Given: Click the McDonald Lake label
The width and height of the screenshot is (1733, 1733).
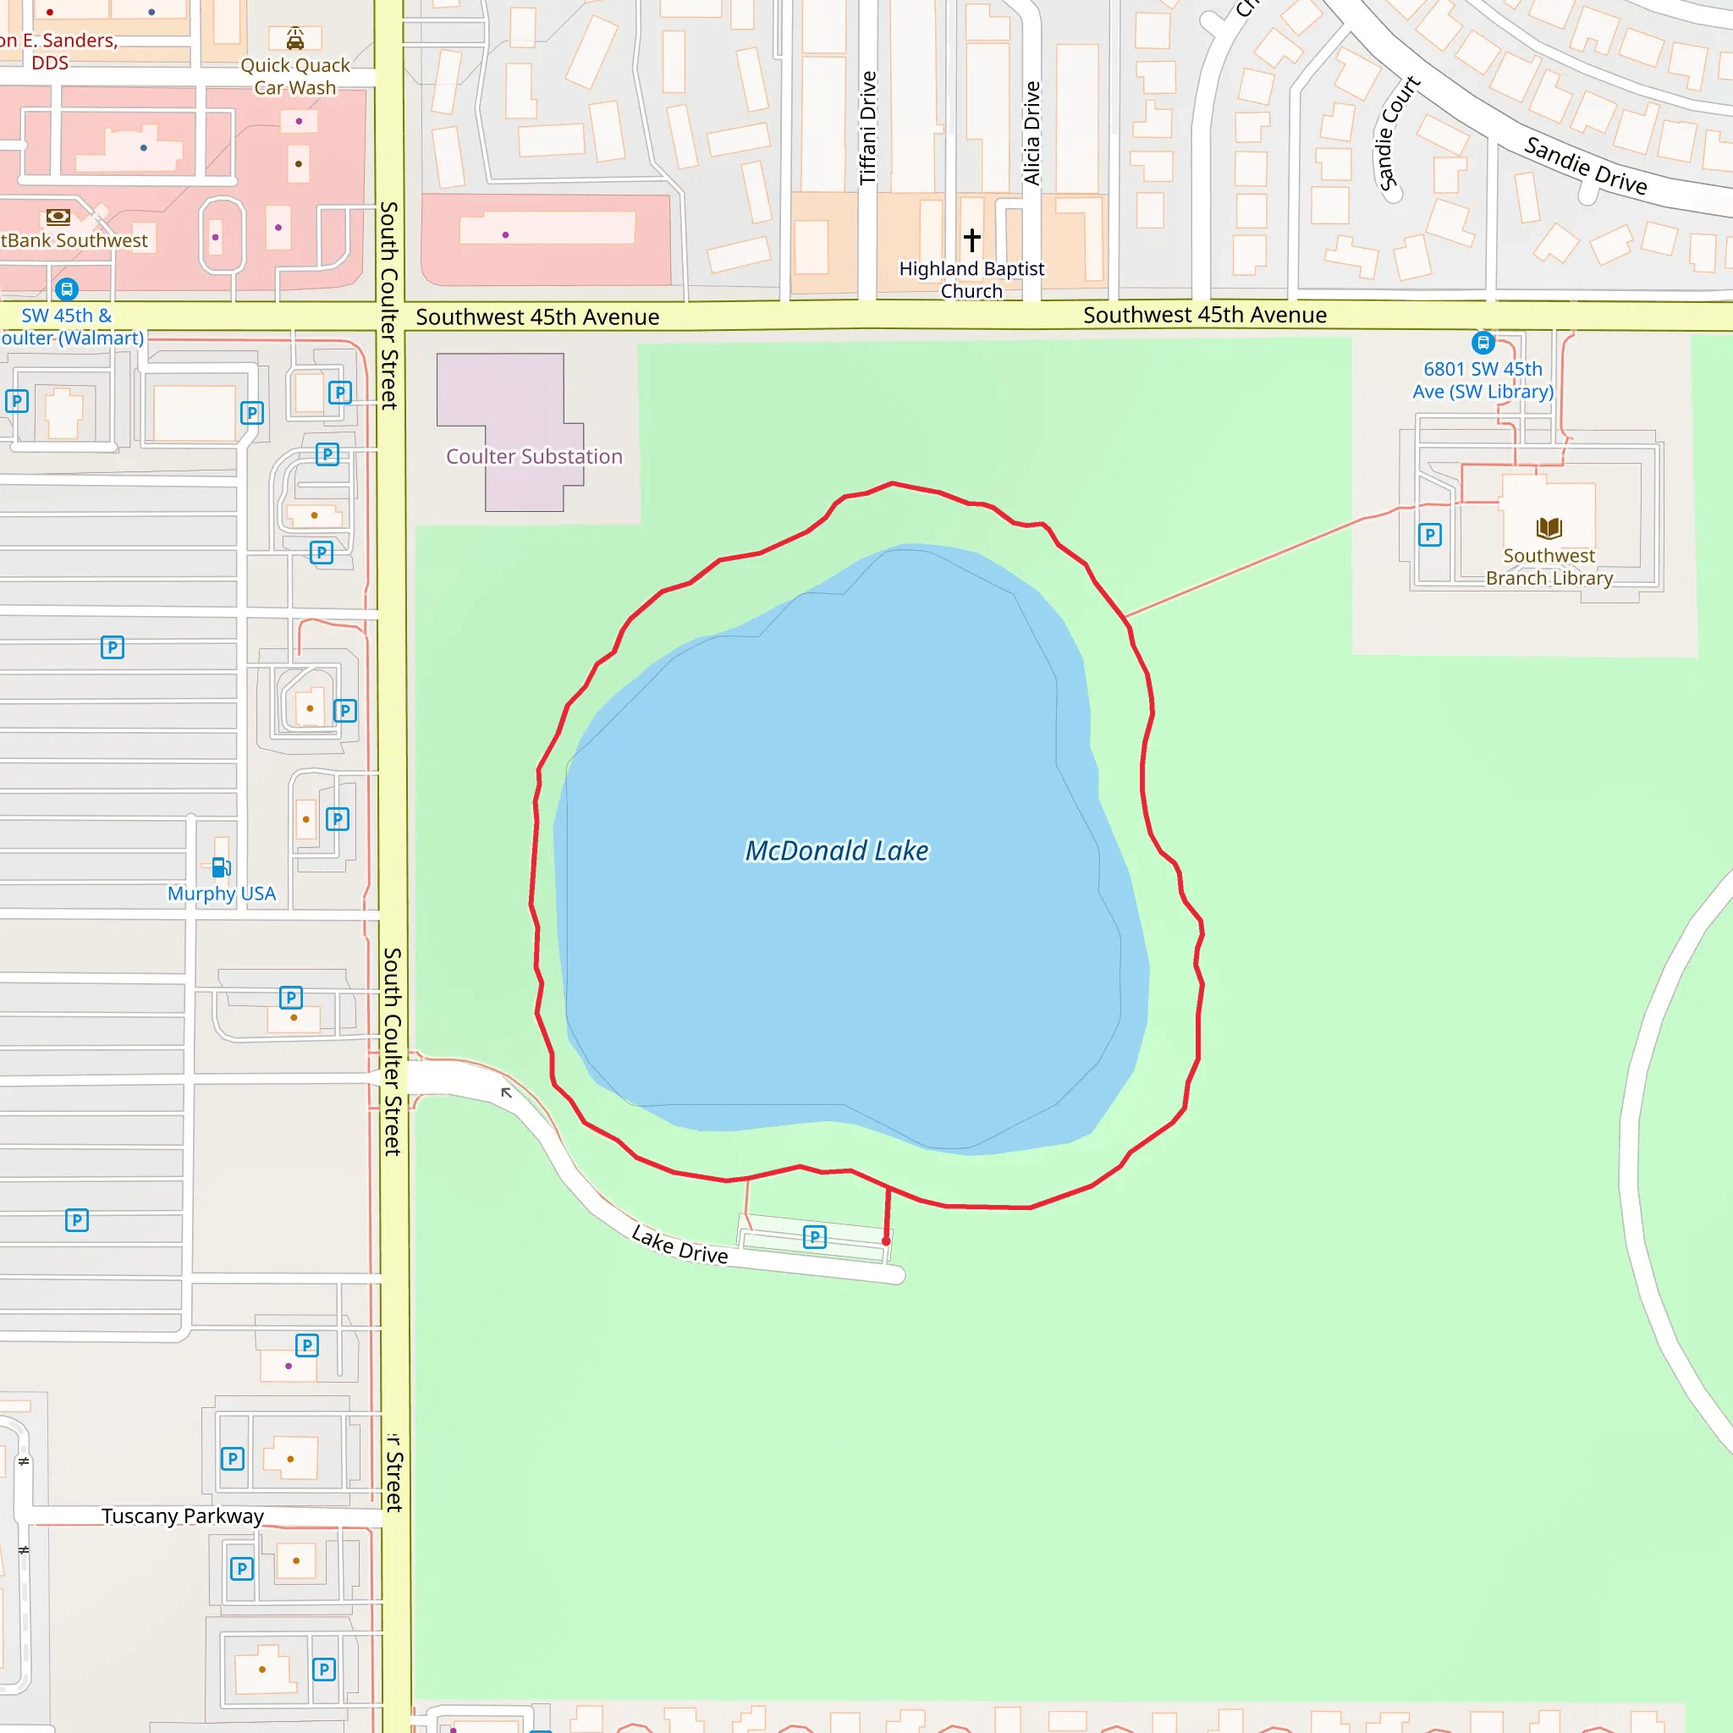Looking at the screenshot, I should tap(836, 850).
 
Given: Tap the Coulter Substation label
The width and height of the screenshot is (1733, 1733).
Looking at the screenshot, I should tap(535, 457).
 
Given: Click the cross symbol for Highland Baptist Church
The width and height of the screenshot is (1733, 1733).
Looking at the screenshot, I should tap(971, 239).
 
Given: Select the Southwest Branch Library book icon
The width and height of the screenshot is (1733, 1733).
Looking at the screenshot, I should tap(1549, 527).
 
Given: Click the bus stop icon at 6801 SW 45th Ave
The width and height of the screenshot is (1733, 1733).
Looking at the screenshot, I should tap(1483, 342).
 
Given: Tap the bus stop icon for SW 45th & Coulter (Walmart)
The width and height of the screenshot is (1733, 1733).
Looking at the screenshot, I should tap(66, 289).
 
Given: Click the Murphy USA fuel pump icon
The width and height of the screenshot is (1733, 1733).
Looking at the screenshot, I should tap(220, 867).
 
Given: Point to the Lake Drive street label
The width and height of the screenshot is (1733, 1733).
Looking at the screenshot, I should tap(679, 1245).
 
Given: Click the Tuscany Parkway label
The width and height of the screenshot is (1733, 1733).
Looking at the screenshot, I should tap(183, 1516).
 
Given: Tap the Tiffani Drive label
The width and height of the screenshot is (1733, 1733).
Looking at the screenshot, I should tap(867, 128).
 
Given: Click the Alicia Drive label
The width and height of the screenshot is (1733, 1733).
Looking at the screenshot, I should tap(1032, 133).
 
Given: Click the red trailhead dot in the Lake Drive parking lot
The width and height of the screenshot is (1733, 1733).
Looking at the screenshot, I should tap(886, 1241).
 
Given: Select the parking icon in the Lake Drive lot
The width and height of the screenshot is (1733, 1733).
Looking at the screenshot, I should tap(815, 1238).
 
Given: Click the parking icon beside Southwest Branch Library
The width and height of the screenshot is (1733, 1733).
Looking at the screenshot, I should tap(1430, 536).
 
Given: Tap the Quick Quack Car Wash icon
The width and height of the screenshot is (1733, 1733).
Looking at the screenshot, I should tap(295, 39).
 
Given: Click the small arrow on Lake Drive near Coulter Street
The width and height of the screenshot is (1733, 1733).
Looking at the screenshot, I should tap(506, 1092).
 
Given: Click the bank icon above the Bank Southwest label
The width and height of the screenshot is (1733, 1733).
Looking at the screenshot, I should tap(58, 216).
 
